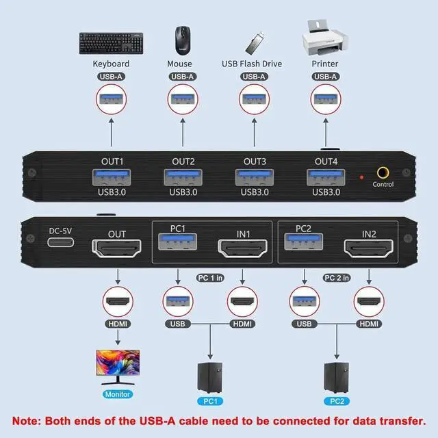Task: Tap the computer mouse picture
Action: (x=182, y=39)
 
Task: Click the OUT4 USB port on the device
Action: (x=325, y=177)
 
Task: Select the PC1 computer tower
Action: (x=209, y=376)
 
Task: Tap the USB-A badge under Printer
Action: (x=325, y=77)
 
